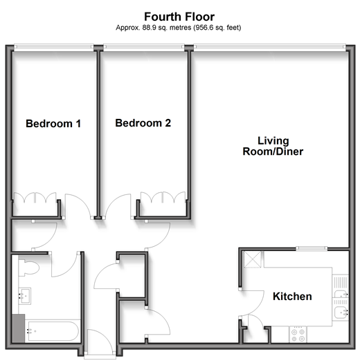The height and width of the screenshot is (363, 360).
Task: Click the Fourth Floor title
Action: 179,17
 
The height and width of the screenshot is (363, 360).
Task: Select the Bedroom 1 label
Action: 53,123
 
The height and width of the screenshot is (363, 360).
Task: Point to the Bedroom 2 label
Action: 143,123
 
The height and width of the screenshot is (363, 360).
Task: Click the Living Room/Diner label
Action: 273,146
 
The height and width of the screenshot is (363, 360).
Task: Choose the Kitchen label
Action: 292,297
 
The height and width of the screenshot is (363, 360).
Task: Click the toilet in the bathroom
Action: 28,268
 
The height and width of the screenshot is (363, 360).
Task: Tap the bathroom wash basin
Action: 24,296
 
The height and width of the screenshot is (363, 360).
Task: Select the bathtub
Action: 53,331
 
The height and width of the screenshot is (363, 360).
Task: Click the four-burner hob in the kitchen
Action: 298,335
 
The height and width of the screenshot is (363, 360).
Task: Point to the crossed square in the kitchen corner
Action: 253,259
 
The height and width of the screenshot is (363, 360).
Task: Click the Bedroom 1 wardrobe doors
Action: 35,198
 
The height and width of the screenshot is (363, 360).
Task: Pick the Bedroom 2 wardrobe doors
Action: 163,197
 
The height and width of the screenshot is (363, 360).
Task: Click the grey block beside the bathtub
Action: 18,328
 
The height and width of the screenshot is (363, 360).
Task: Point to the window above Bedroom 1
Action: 53,48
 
